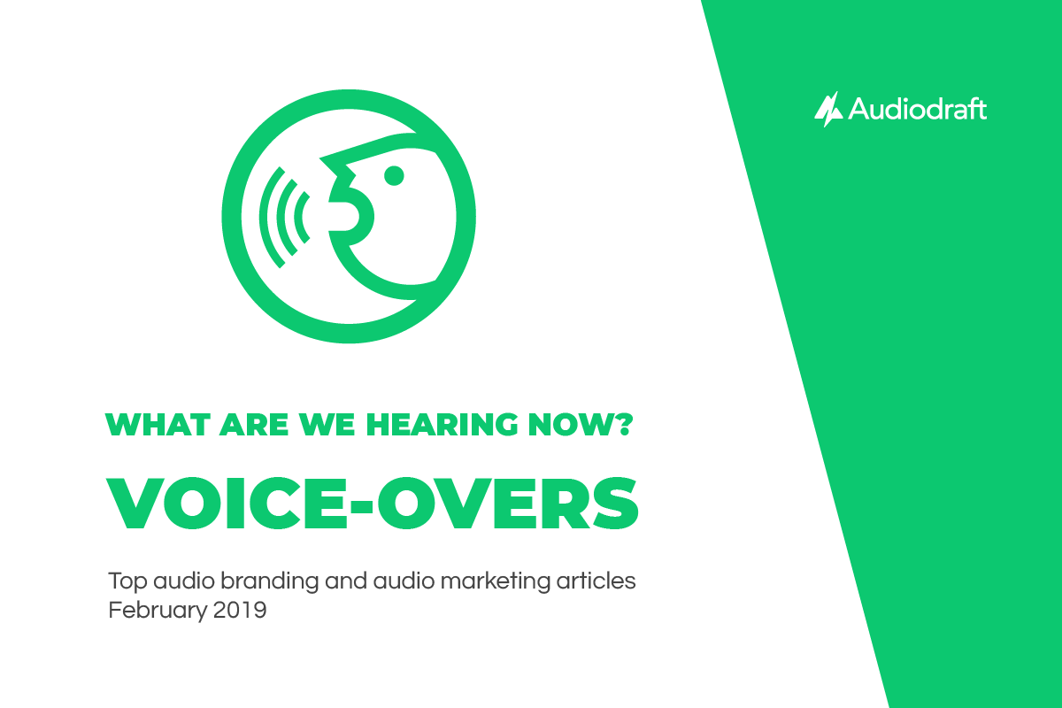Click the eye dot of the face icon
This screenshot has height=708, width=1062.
click(x=394, y=176)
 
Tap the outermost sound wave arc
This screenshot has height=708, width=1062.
click(x=265, y=217)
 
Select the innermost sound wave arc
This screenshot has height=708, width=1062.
click(x=299, y=217)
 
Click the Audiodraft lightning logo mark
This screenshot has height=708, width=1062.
click(x=828, y=110)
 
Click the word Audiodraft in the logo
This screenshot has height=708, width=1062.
click(x=918, y=109)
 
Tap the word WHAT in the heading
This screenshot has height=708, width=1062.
click(x=158, y=425)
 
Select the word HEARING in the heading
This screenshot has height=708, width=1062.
click(x=442, y=425)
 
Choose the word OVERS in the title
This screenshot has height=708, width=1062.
click(x=508, y=503)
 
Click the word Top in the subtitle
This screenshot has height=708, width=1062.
click(x=127, y=581)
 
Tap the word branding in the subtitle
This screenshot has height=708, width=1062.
click(x=269, y=581)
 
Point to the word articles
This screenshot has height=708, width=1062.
click(x=596, y=581)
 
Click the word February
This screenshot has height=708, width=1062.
click(x=158, y=611)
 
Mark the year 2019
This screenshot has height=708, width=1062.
click(x=240, y=610)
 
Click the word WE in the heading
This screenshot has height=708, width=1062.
click(x=327, y=425)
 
